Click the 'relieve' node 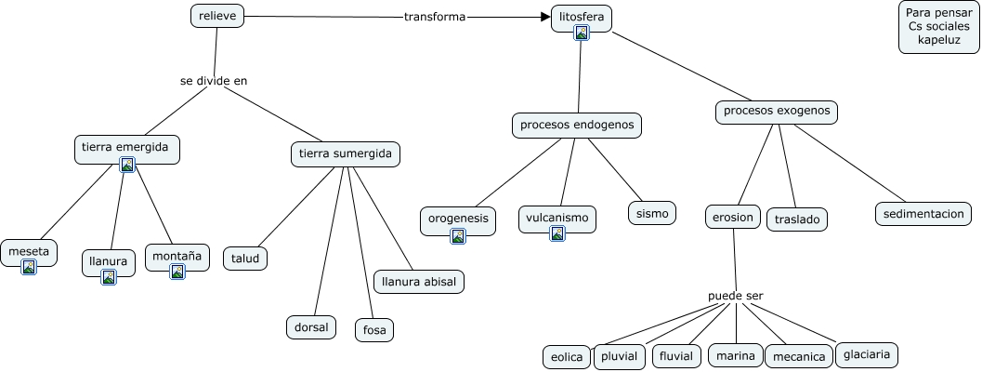(x=217, y=16)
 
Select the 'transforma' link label (x=435, y=17)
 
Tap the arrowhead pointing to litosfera (x=544, y=17)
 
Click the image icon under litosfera (x=582, y=33)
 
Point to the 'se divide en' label (x=214, y=81)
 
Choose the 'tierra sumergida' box (x=346, y=153)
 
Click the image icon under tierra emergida (x=128, y=165)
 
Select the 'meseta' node (x=29, y=253)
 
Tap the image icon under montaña (x=177, y=271)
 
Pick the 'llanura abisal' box (x=419, y=282)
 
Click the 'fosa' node (x=374, y=330)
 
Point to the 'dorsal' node (x=311, y=327)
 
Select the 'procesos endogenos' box (x=577, y=125)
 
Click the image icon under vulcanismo (x=557, y=233)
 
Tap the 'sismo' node (x=652, y=213)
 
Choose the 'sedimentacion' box (x=923, y=214)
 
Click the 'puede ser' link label (x=736, y=296)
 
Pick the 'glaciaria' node (x=867, y=354)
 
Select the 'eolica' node (x=567, y=357)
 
